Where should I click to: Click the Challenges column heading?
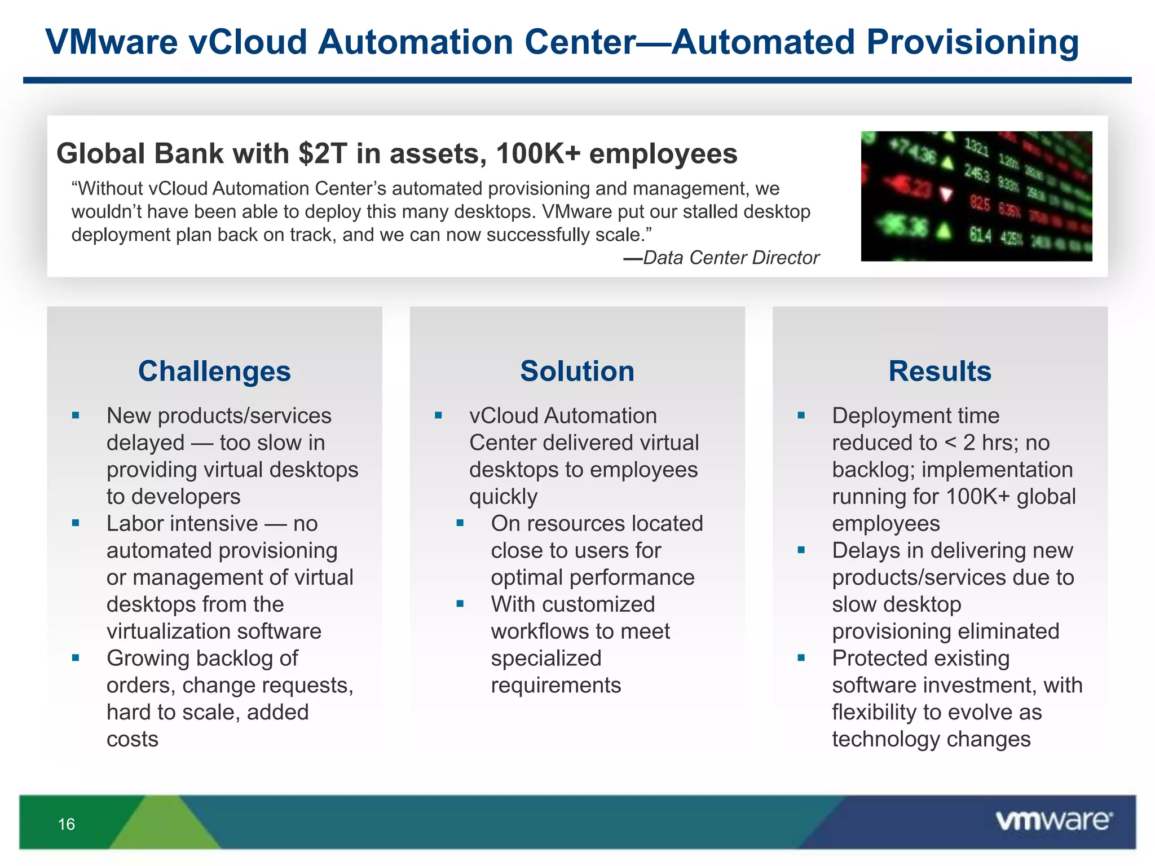(x=214, y=372)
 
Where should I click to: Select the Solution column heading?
(x=577, y=372)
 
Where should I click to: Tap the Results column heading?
(x=940, y=372)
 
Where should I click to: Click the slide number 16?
(x=67, y=824)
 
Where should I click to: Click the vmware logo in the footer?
(x=1053, y=821)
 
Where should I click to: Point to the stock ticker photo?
(x=976, y=196)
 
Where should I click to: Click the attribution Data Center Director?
(x=730, y=258)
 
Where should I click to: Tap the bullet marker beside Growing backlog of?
(x=76, y=658)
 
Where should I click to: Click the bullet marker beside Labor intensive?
(x=76, y=523)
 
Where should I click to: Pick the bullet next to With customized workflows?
(x=460, y=604)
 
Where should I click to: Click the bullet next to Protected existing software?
(x=801, y=658)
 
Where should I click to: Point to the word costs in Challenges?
(x=133, y=739)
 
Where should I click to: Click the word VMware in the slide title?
(x=112, y=42)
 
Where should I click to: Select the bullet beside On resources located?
(x=460, y=523)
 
